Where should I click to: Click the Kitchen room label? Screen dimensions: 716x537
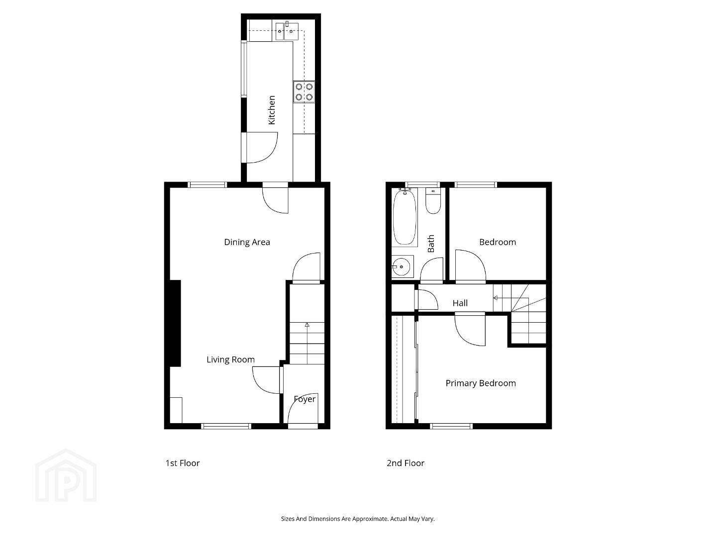click(x=271, y=110)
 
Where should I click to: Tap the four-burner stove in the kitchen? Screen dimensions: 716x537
click(x=304, y=92)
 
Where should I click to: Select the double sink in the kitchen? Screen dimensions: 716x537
click(x=287, y=31)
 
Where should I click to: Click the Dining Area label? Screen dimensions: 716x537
click(x=247, y=242)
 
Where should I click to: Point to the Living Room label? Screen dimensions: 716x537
click(x=230, y=359)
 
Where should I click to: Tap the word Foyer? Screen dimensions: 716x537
click(x=305, y=399)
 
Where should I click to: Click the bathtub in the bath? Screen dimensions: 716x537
click(x=405, y=217)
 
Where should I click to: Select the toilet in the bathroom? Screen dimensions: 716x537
click(x=433, y=201)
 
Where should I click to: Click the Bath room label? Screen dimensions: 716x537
click(x=431, y=244)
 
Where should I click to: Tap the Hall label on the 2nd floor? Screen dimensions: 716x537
click(x=460, y=303)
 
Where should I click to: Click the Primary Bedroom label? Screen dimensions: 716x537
click(x=481, y=383)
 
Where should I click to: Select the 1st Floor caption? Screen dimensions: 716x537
click(x=182, y=463)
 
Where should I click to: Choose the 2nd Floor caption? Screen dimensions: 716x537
click(x=406, y=463)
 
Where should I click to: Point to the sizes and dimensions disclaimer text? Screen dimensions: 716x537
click(x=358, y=519)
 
